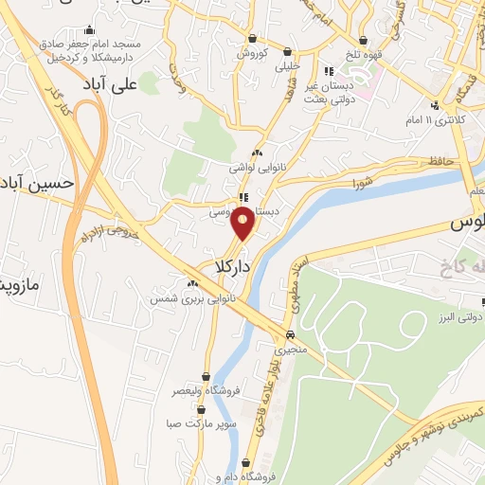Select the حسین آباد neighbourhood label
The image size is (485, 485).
(x=38, y=182)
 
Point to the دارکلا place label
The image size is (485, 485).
(x=232, y=267)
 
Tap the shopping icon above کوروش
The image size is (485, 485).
(x=254, y=37)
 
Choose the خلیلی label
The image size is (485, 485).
(x=287, y=67)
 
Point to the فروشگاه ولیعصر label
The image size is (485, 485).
(x=205, y=390)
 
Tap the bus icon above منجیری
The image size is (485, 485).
(x=290, y=334)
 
